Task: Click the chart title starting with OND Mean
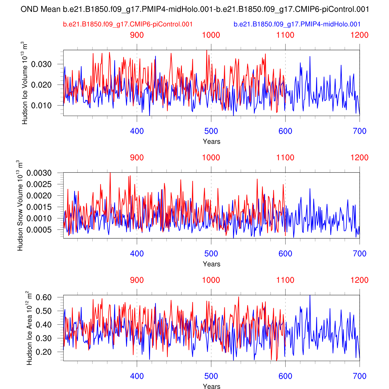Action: coord(195,9)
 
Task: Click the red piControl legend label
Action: coord(128,24)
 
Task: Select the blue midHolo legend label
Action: coord(297,24)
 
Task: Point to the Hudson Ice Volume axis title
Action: coord(25,83)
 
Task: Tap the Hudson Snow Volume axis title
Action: coord(20,205)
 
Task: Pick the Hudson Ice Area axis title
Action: coord(29,328)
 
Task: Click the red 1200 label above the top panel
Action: coord(359,35)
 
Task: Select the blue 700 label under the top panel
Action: coord(359,131)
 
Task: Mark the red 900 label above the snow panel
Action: coord(137,157)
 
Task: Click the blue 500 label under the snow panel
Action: coord(211,253)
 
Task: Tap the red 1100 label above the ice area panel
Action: coord(285,280)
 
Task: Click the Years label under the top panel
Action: coord(211,142)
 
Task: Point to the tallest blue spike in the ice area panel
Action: coord(310,296)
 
